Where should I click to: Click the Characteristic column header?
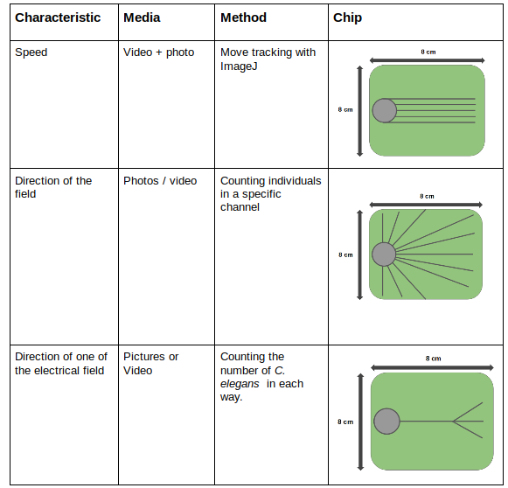point(58,17)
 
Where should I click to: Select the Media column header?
point(142,17)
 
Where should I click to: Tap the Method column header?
point(244,17)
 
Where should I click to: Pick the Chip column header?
point(348,18)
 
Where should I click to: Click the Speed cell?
point(31,52)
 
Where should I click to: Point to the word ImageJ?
point(239,66)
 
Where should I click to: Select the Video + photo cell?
point(159,52)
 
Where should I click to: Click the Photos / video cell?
point(160,181)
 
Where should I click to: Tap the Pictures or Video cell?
point(151,364)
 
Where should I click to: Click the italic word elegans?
point(240,384)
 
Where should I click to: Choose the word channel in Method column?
point(240,207)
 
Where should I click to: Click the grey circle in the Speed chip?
point(384,110)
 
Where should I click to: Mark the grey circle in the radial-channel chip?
point(384,254)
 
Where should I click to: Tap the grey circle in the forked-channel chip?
point(386,422)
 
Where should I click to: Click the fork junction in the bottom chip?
point(453,422)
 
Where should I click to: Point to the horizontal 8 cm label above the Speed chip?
point(428,52)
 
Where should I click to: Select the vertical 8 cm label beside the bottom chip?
point(345,422)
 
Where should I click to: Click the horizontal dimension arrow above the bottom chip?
point(432,367)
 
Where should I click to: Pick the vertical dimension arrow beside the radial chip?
point(359,254)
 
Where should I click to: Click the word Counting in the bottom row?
point(252,357)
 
